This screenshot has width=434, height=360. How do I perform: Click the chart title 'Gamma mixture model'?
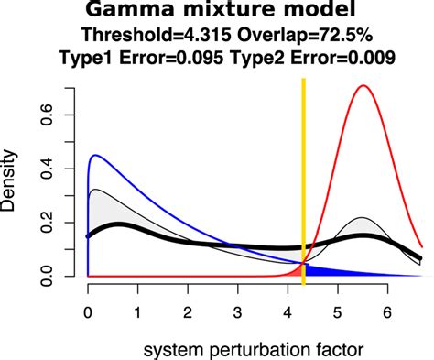(217, 12)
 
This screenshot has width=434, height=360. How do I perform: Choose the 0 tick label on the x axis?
(88, 311)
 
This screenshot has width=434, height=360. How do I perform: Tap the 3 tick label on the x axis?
(237, 311)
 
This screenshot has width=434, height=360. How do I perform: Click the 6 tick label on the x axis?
(387, 311)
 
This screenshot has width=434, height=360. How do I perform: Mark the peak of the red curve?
(363, 86)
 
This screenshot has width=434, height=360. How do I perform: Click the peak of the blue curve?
(94, 156)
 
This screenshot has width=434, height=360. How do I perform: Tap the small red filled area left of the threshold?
(297, 272)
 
